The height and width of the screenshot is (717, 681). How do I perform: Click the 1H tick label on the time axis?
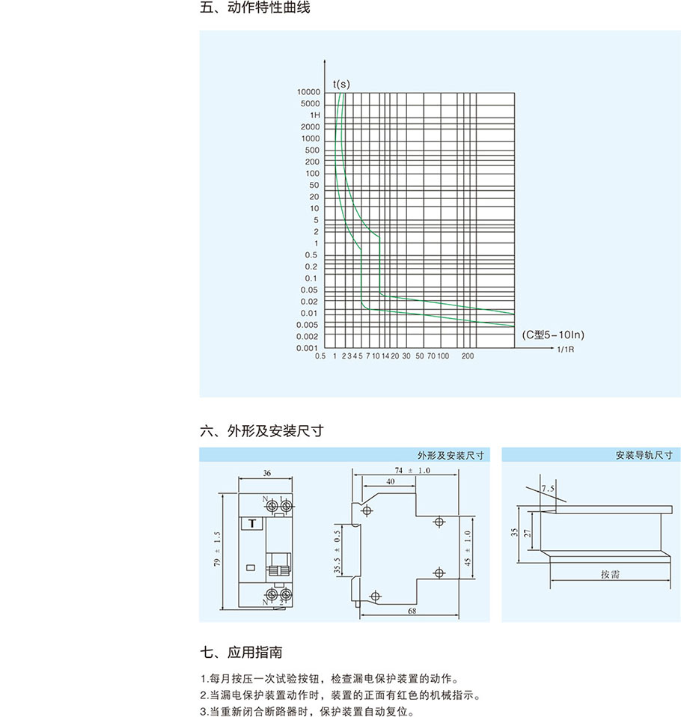pyautogui.click(x=314, y=115)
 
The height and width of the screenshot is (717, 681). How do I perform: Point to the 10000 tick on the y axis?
pyautogui.click(x=308, y=92)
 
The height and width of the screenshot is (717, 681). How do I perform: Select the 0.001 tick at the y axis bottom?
pyautogui.click(x=308, y=348)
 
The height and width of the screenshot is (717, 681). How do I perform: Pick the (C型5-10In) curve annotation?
pyautogui.click(x=552, y=334)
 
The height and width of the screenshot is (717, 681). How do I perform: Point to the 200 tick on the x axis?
pyautogui.click(x=468, y=357)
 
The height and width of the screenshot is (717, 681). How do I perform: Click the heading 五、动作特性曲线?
pyautogui.click(x=255, y=9)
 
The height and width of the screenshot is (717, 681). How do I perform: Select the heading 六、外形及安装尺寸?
pyautogui.click(x=262, y=431)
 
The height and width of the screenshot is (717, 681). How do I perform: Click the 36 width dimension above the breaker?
pyautogui.click(x=267, y=473)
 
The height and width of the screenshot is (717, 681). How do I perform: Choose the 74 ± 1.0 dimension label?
pyautogui.click(x=413, y=470)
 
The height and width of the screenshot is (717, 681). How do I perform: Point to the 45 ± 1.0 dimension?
pyautogui.click(x=468, y=548)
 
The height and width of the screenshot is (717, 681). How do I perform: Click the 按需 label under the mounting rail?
pyautogui.click(x=609, y=575)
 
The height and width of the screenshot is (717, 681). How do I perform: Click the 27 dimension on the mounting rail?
pyautogui.click(x=528, y=533)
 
